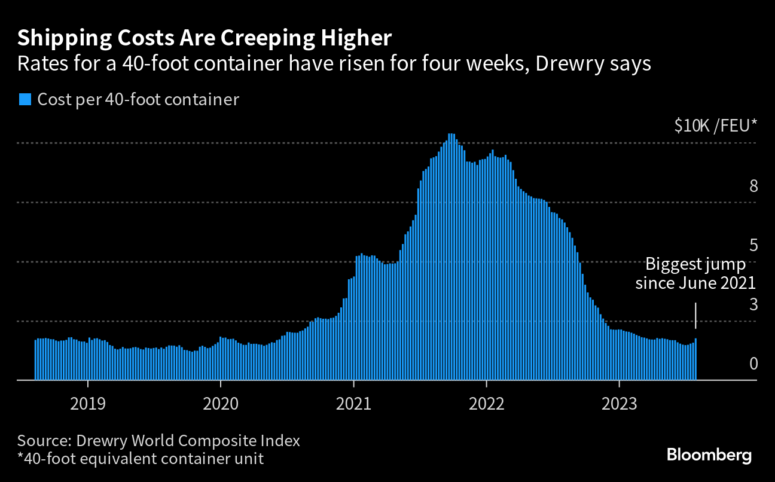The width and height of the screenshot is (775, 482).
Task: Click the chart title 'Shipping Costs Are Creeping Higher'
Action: (205, 38)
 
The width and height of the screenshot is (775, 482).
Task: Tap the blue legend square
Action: (25, 99)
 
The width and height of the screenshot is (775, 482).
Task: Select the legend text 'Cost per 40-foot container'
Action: (138, 100)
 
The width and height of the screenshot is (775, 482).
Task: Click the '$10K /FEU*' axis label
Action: (715, 125)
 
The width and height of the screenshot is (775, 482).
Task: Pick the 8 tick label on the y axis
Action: (753, 186)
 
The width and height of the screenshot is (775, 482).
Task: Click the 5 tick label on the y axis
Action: (753, 245)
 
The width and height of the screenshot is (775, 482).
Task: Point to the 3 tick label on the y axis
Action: (753, 304)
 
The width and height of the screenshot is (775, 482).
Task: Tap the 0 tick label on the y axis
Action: (753, 364)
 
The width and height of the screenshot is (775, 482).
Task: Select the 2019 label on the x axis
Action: (88, 404)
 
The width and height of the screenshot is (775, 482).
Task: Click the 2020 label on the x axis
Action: (221, 404)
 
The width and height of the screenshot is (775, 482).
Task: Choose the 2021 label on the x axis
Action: (353, 404)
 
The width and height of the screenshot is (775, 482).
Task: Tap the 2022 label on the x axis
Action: (486, 404)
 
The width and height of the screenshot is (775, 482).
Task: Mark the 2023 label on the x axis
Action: (620, 404)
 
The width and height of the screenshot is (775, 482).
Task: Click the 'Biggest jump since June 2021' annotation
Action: (695, 274)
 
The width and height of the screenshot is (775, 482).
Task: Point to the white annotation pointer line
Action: (696, 316)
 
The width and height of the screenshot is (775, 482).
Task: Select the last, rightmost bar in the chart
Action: (695, 359)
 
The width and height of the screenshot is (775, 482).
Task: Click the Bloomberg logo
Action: (709, 455)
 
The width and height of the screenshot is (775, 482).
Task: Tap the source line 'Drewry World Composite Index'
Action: (188, 441)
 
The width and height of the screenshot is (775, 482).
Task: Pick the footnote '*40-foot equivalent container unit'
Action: (141, 459)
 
